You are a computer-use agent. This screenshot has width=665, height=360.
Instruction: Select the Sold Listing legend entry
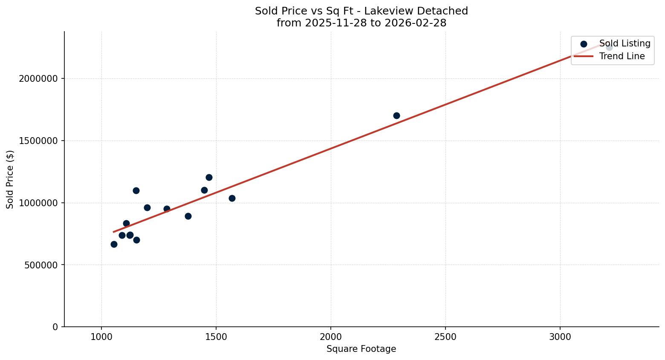tap(625, 43)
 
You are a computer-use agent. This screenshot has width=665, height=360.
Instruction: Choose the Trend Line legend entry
tap(622, 56)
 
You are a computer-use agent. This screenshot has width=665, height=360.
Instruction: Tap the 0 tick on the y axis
tap(55, 327)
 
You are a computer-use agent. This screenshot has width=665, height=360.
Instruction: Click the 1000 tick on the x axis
tap(101, 337)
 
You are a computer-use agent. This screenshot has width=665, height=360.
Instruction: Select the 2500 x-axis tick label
tap(445, 337)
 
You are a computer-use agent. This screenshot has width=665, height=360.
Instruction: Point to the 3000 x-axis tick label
tap(560, 337)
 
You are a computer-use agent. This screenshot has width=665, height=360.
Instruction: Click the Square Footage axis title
tap(361, 349)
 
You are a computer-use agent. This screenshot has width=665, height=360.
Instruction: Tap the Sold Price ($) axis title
tap(10, 179)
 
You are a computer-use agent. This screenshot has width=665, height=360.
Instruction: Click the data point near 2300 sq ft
tap(396, 115)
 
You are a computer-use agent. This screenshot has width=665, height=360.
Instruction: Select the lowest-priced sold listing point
tap(114, 244)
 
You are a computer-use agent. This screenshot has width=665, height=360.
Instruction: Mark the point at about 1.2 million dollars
tap(209, 177)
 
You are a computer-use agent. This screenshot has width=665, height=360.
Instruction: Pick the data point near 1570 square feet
tap(232, 198)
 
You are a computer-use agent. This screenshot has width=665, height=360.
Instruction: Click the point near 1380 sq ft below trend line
tap(188, 216)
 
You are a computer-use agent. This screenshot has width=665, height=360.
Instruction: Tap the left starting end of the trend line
tap(113, 232)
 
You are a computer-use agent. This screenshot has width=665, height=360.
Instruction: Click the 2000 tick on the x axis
tap(331, 337)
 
